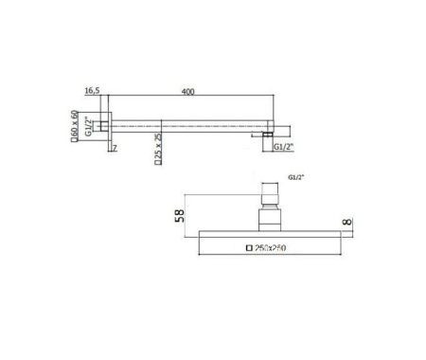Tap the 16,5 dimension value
coord(92,91)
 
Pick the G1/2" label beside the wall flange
coord(89,124)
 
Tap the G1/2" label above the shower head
coord(294,177)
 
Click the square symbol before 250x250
coord(249,248)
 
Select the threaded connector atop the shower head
coord(270,204)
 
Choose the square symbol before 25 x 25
coord(158,165)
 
